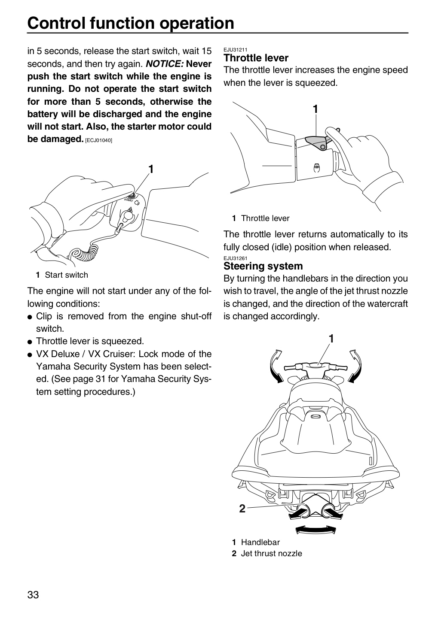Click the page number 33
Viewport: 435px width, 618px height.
pos(33,595)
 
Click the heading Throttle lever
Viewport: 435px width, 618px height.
pos(256,58)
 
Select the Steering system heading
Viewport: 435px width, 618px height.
pos(263,266)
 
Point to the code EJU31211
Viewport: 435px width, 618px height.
pos(235,50)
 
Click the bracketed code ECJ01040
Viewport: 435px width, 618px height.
pos(99,140)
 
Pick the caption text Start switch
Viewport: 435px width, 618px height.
pos(66,275)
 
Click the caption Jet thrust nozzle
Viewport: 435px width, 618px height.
pos(271,553)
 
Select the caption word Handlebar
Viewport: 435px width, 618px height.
pos(260,542)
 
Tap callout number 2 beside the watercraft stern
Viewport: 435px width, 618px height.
pos(242,509)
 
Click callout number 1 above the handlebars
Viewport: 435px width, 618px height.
pos(331,339)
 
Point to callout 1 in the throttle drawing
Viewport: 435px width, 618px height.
pos(316,109)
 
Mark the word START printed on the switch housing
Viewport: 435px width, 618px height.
pos(129,200)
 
